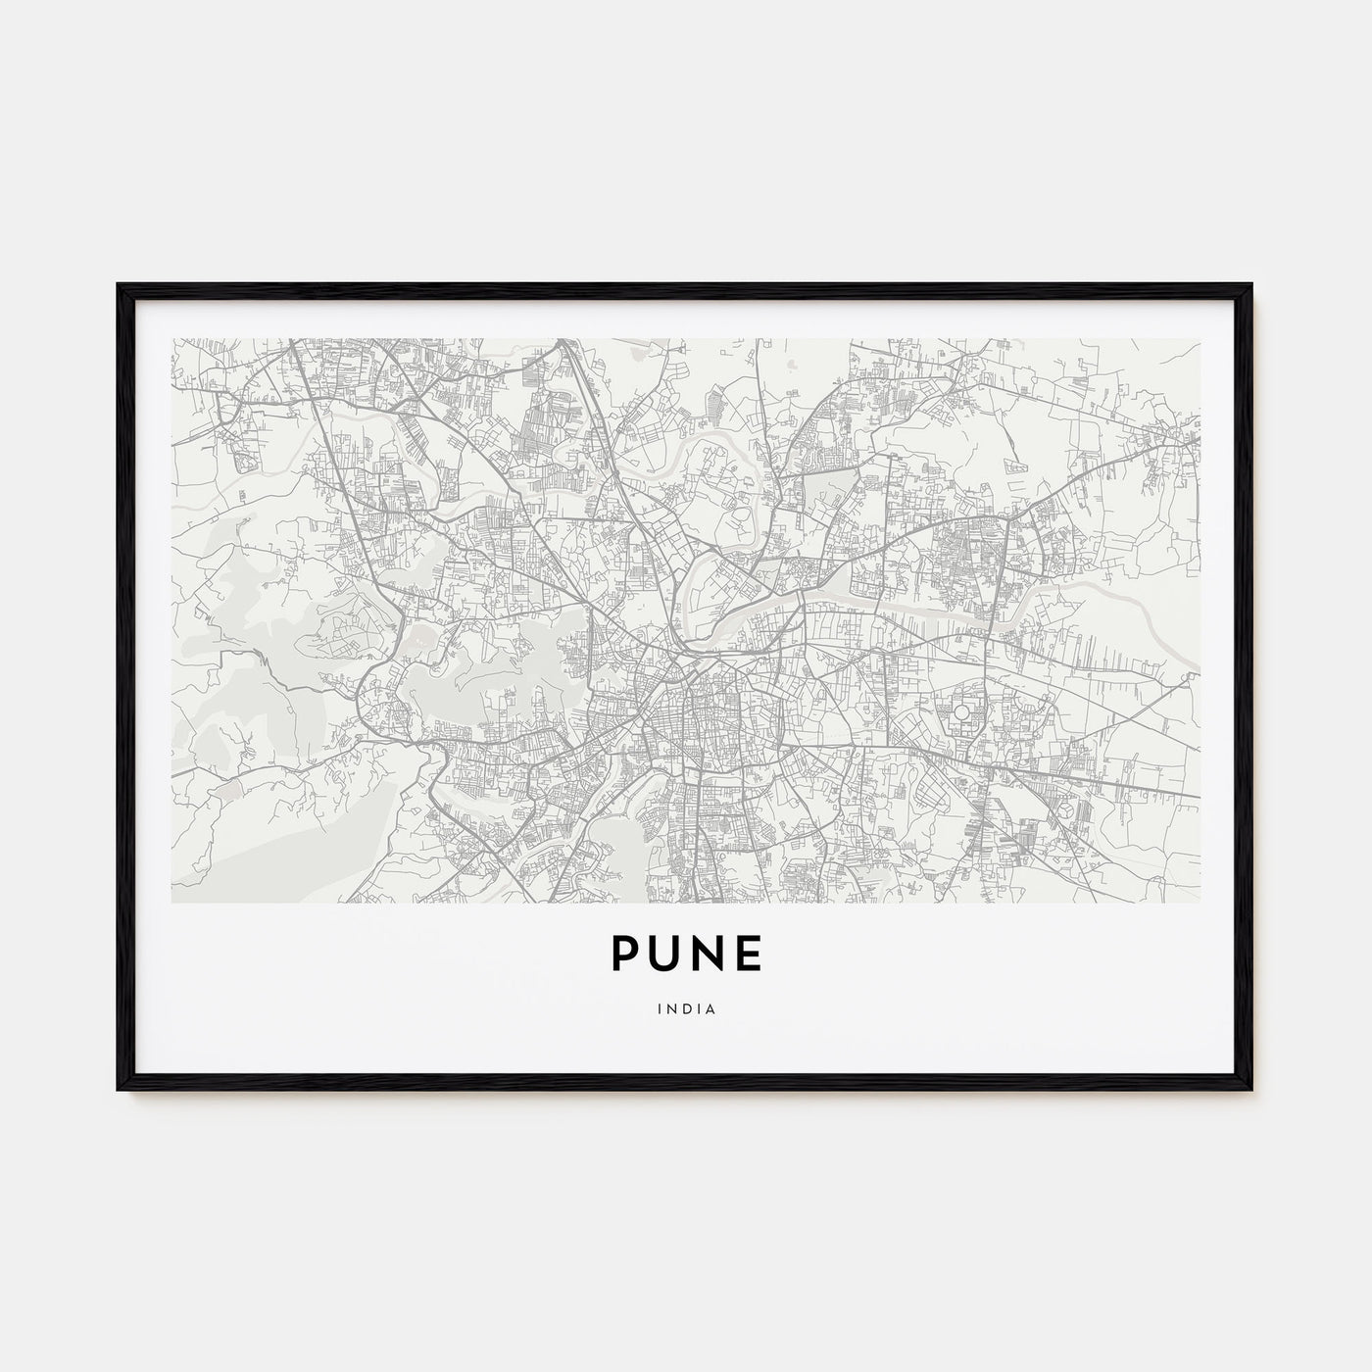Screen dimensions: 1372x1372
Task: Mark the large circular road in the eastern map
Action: [x=962, y=712]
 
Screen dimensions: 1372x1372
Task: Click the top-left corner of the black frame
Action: [x=119, y=285]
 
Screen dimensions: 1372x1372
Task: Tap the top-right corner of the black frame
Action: [x=1251, y=285]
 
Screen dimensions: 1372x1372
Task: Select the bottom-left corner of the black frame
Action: [x=119, y=1090]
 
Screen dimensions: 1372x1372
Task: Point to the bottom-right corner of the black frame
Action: [x=1251, y=1090]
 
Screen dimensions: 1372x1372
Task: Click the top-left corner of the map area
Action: [x=172, y=340]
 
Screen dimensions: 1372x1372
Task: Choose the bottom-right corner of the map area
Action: [x=1200, y=902]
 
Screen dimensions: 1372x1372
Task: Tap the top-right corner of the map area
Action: [x=1200, y=340]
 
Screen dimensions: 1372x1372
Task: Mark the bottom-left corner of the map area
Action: [x=172, y=902]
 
